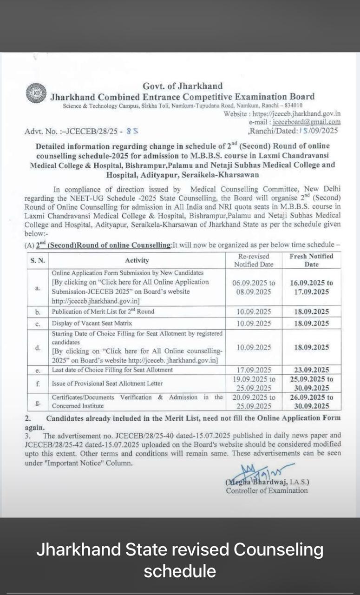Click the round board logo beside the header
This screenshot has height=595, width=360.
click(36, 93)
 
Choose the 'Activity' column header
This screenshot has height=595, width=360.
click(137, 260)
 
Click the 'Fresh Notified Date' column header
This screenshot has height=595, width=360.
click(311, 260)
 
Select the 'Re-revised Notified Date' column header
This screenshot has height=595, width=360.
click(254, 260)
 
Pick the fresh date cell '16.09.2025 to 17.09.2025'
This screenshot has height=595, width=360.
click(311, 287)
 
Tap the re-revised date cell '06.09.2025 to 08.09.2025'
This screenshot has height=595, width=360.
click(254, 287)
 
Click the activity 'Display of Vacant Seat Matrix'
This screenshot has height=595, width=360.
click(92, 323)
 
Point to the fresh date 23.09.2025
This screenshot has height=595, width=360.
click(311, 370)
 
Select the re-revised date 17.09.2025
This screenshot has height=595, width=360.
click(254, 370)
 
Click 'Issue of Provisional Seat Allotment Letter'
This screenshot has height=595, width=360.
click(107, 383)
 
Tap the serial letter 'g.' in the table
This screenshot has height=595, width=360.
click(38, 401)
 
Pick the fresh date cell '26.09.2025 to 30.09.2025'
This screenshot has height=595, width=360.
click(311, 402)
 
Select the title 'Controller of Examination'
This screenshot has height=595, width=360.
click(267, 490)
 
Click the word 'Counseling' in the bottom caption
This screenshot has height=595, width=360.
click(278, 549)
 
